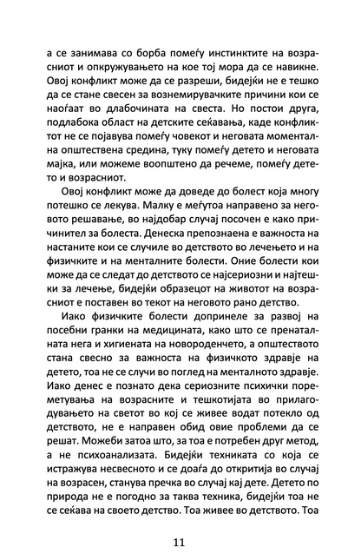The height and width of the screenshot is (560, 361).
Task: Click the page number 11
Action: tap(180, 518)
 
